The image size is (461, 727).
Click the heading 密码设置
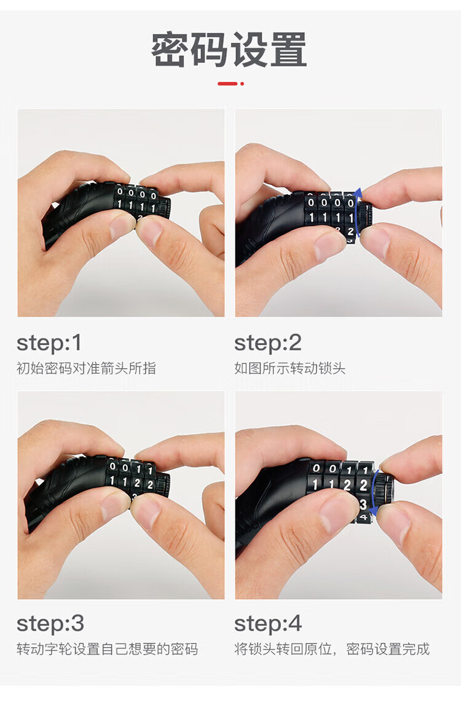(229, 49)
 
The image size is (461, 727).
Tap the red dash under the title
(227, 84)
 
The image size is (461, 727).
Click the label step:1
(49, 344)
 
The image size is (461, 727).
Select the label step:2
(267, 344)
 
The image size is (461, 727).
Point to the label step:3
(50, 624)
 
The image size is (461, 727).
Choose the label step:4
(268, 624)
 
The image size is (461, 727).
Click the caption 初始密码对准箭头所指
(86, 368)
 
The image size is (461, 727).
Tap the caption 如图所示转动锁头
(290, 368)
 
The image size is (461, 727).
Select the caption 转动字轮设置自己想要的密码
(107, 648)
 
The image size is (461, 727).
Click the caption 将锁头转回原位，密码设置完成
(332, 648)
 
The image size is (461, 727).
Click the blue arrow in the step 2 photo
(357, 213)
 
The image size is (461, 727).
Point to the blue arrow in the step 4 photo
(373, 492)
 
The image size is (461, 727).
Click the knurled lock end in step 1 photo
(165, 207)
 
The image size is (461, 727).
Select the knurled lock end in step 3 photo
(164, 484)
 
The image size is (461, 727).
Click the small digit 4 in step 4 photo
(363, 516)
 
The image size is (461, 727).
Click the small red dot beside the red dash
(242, 84)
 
